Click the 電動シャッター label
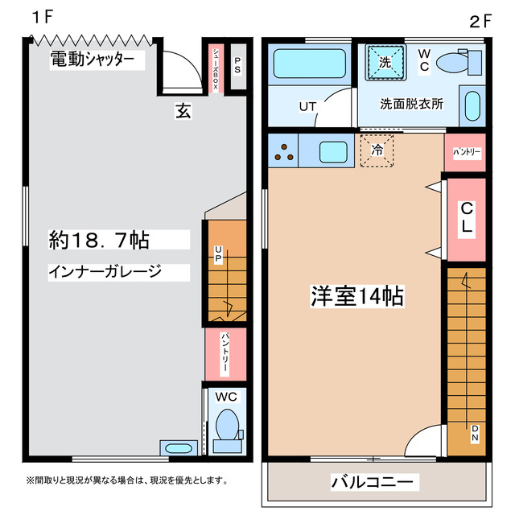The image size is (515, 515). (x=92, y=59)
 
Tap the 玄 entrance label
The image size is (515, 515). (x=183, y=112)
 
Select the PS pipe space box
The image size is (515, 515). (x=237, y=68)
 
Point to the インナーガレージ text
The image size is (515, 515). (x=105, y=271)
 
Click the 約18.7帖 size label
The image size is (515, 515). (x=99, y=239)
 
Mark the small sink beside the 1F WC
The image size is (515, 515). (x=176, y=447)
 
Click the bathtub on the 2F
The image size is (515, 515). (x=310, y=64)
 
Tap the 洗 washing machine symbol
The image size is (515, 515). (x=385, y=61)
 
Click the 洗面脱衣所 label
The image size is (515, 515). (x=411, y=104)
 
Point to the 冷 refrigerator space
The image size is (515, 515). (x=377, y=150)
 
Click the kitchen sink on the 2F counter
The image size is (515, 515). (x=332, y=151)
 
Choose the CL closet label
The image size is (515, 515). (x=465, y=217)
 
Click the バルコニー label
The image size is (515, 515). (x=373, y=482)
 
